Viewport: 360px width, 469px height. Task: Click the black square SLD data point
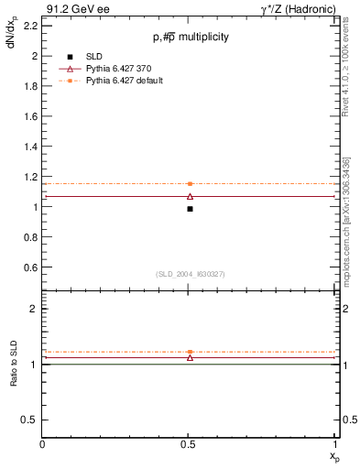tap(190, 209)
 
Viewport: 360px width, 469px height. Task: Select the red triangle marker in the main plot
tap(190, 196)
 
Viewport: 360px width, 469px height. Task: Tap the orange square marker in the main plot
tap(190, 184)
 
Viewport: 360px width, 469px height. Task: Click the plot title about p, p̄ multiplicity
tap(191, 37)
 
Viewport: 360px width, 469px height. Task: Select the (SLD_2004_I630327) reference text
tap(190, 275)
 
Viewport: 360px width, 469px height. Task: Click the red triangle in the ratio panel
tap(190, 357)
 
